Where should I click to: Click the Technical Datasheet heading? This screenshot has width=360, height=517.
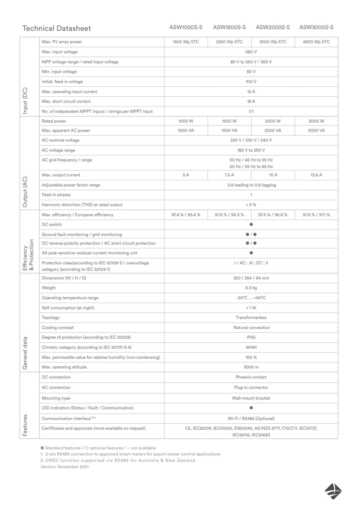tap(57, 28)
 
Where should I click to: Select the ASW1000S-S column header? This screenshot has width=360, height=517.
tap(186, 27)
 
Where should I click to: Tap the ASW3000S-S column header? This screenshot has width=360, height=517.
tap(316, 27)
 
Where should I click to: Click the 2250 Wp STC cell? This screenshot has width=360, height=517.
tap(229, 42)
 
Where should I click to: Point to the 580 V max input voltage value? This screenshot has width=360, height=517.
tap(251, 52)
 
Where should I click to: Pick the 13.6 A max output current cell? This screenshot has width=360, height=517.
tap(316, 175)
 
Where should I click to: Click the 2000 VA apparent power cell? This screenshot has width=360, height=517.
tap(273, 131)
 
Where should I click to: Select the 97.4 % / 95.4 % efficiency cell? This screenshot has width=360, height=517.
tap(186, 215)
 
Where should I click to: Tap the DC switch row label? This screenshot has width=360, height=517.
tap(52, 225)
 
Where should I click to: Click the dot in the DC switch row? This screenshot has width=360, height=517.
tap(251, 225)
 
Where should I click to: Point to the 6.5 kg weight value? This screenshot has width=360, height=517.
tap(251, 288)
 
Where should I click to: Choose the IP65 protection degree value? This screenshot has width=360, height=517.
tap(251, 337)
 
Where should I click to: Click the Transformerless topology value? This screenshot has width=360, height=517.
tap(251, 318)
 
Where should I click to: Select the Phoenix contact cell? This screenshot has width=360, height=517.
tap(251, 377)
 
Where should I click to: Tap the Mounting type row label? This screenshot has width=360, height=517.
tap(56, 398)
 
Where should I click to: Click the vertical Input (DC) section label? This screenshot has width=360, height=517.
tap(25, 101)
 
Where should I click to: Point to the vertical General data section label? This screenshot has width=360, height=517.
tap(25, 353)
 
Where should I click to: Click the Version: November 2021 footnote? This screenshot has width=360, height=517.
tap(65, 467)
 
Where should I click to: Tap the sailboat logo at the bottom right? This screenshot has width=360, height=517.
tap(333, 491)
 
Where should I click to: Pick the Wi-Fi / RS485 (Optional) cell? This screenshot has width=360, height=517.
tap(251, 419)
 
